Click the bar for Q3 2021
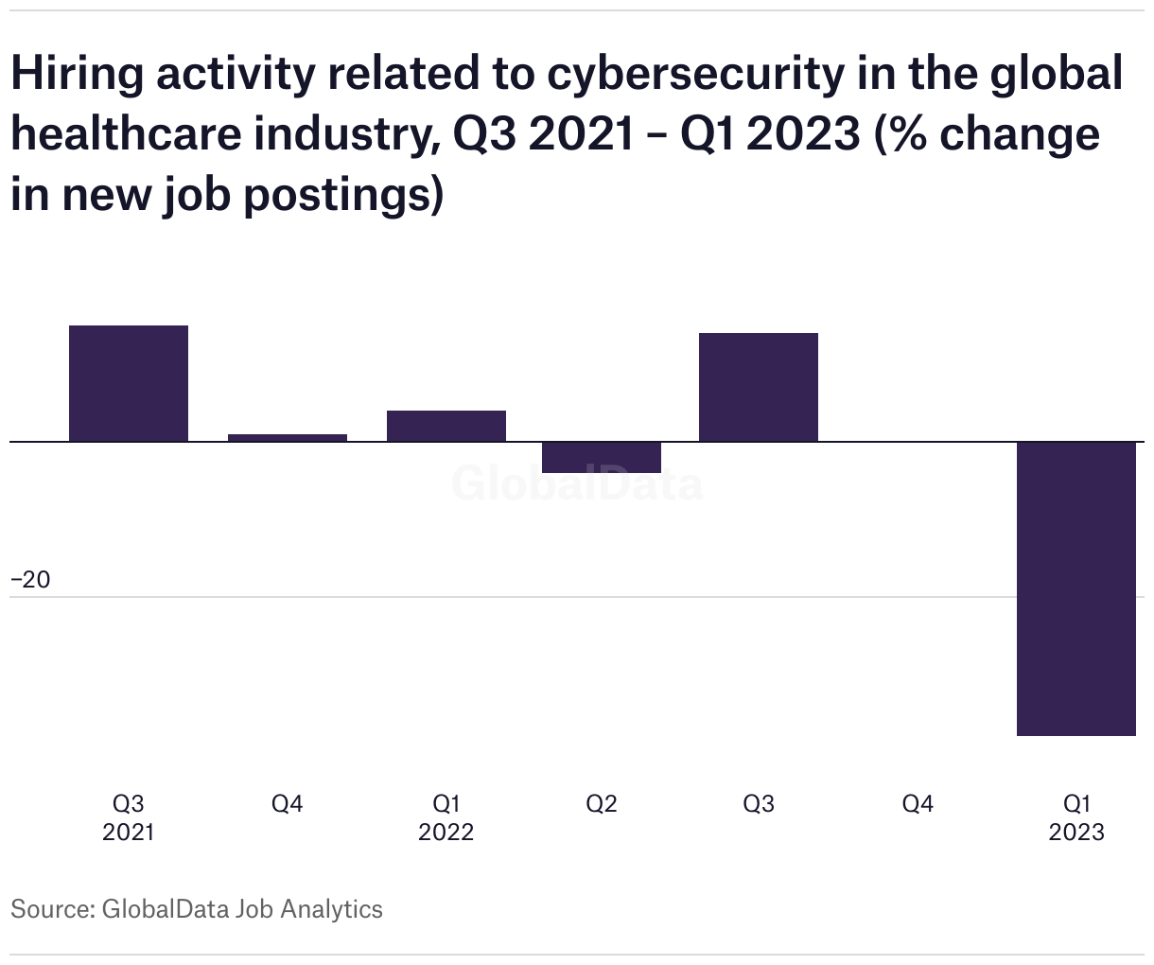click(x=129, y=383)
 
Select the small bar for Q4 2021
click(x=288, y=437)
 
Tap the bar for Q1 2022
click(x=446, y=426)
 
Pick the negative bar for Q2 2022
click(x=602, y=457)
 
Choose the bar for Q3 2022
click(x=759, y=387)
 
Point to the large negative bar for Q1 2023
click(x=1076, y=588)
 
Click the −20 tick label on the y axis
click(x=31, y=580)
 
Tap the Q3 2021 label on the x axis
click(x=129, y=817)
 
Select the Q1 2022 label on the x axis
click(x=446, y=817)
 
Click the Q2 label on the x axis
click(x=602, y=804)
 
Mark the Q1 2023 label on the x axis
click(x=1076, y=817)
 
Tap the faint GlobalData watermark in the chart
click(x=577, y=483)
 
